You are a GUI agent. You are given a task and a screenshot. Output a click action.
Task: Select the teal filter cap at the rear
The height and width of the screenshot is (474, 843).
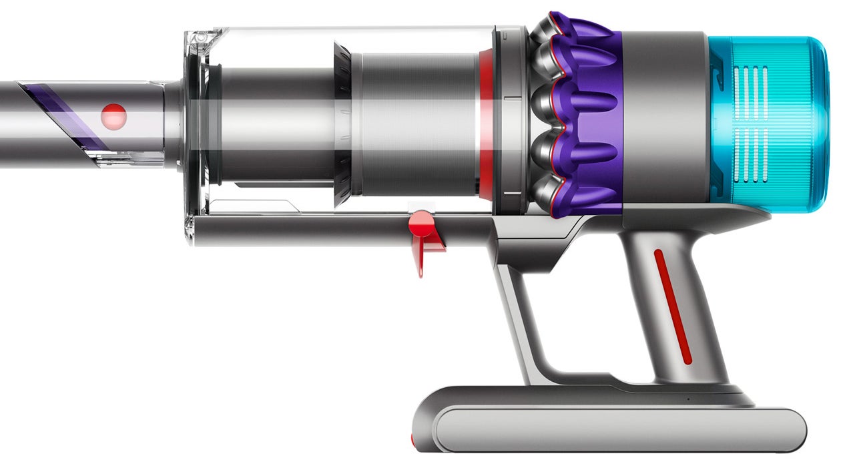(x=774, y=124)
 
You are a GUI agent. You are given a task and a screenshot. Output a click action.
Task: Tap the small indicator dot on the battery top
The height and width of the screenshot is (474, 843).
(x=688, y=399)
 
